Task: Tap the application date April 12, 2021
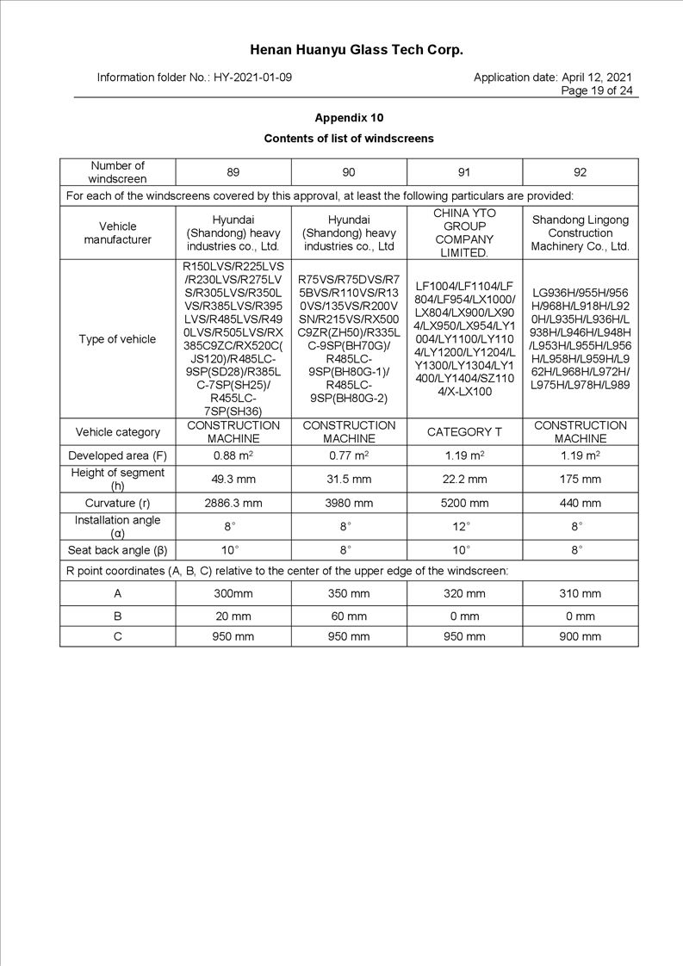(x=597, y=77)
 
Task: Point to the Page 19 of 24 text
(x=597, y=90)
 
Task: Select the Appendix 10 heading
(x=349, y=117)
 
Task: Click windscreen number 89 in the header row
(x=233, y=172)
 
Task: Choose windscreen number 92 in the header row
(x=580, y=172)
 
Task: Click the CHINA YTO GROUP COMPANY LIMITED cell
(x=464, y=232)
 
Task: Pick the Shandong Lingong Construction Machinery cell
(x=580, y=232)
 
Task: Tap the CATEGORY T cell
(x=464, y=432)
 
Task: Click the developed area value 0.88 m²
(x=233, y=455)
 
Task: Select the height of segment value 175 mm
(x=580, y=479)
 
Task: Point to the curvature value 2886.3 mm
(x=233, y=503)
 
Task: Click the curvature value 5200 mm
(x=464, y=503)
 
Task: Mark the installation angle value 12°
(x=464, y=526)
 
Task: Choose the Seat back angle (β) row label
(x=117, y=550)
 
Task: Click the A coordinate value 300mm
(x=233, y=593)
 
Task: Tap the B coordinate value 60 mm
(x=349, y=616)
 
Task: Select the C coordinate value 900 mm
(x=580, y=636)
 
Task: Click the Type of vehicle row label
(x=117, y=339)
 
